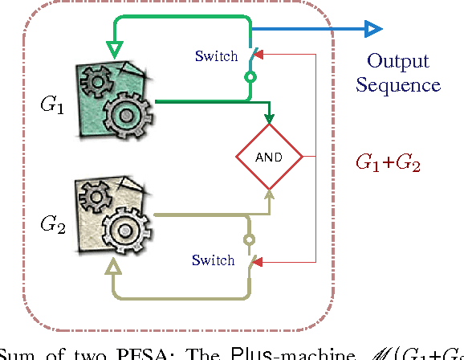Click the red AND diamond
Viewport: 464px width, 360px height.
268,157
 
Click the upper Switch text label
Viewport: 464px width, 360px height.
216,56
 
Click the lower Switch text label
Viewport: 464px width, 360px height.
213,260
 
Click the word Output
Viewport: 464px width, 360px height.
398,61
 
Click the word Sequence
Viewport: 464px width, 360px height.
398,85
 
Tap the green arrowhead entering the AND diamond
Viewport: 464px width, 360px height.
269,121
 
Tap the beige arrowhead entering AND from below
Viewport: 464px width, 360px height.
269,196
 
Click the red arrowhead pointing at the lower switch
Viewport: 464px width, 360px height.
259,262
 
